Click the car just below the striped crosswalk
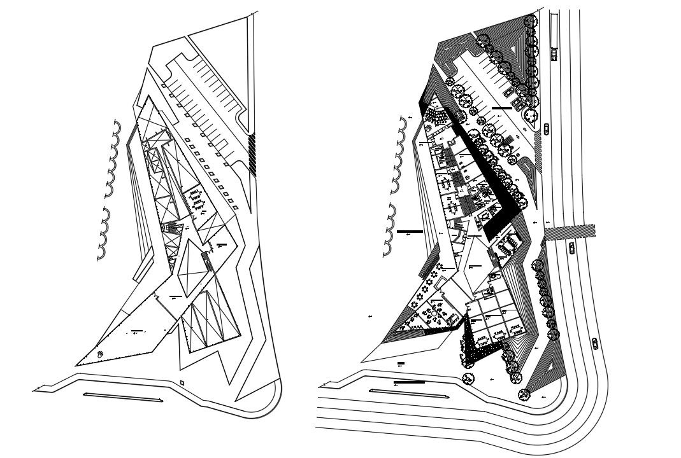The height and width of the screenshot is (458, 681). click(x=571, y=247)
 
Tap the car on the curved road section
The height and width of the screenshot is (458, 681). click(x=595, y=343)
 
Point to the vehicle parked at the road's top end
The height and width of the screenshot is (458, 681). click(x=554, y=55)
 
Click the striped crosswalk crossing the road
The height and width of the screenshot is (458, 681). click(x=570, y=231)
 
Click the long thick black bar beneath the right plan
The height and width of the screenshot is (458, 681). click(x=409, y=382)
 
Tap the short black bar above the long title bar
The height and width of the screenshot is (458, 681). click(x=401, y=364)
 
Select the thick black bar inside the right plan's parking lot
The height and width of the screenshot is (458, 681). click(x=501, y=108)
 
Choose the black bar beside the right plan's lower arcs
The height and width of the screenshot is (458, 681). click(x=409, y=232)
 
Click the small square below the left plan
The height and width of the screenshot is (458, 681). click(x=182, y=382)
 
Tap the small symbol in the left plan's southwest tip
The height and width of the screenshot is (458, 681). click(x=100, y=352)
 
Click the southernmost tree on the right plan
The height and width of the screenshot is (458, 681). click(x=524, y=395)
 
